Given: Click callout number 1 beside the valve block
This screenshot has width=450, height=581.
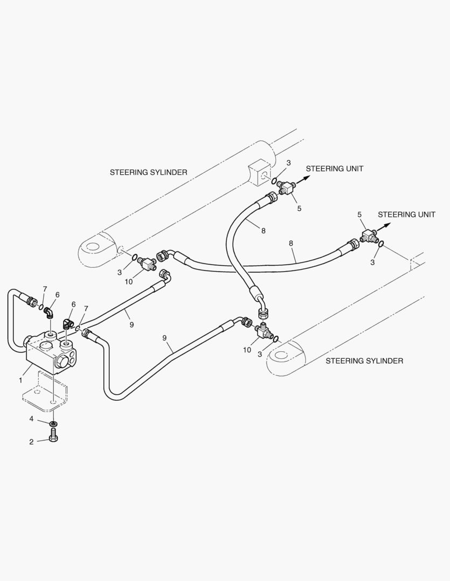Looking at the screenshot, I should pyautogui.click(x=20, y=380).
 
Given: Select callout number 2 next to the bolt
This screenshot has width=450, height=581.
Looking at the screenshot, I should pyautogui.click(x=31, y=442).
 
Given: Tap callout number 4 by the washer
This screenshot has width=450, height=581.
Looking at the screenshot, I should pyautogui.click(x=31, y=418).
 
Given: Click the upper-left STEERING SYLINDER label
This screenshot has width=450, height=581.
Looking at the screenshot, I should pyautogui.click(x=148, y=172).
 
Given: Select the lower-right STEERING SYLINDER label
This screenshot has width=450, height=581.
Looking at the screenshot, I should pyautogui.click(x=364, y=361).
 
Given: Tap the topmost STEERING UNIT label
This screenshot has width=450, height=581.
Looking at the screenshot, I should pyautogui.click(x=334, y=168).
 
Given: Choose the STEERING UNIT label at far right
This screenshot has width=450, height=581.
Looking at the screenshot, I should pyautogui.click(x=406, y=214).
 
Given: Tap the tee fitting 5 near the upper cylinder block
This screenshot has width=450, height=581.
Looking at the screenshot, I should pyautogui.click(x=286, y=188).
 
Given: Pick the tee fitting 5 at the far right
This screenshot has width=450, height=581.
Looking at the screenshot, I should pyautogui.click(x=370, y=235).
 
